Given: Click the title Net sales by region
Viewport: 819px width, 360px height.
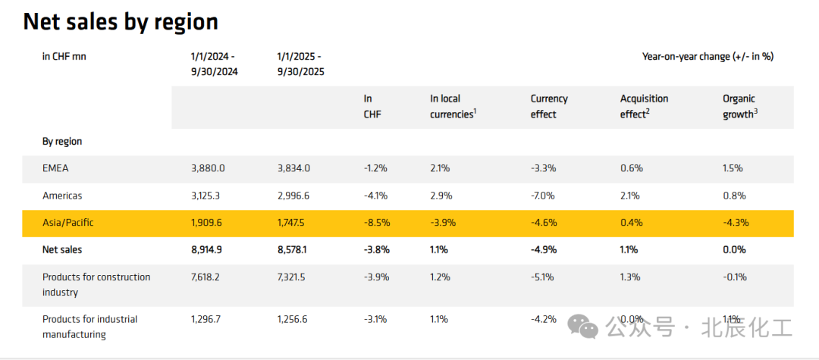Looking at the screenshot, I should pos(121,22).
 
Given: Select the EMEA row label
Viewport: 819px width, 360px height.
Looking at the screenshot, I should pos(55,168).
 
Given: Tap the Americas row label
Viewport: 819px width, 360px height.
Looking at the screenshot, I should pos(62,196).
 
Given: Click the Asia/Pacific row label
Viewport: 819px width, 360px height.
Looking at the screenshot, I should pos(68,223).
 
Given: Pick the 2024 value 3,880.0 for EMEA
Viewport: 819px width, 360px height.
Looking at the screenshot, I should pos(208,168).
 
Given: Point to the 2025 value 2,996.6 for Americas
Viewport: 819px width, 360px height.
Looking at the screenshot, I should pos(293,196).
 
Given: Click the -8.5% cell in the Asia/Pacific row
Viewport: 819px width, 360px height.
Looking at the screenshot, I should pos(376,223).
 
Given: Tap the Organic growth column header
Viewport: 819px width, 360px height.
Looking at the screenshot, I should pos(740,106).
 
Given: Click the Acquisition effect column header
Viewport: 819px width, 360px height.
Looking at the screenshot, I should pos(644,106).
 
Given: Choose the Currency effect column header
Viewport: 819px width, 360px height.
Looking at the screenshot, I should pos(549,106).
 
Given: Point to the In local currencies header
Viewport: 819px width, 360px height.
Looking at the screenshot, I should pos(453,106).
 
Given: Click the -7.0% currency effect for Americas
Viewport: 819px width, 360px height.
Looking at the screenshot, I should pos(543,196).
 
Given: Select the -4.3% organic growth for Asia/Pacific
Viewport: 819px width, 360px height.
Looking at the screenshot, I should pos(735,223).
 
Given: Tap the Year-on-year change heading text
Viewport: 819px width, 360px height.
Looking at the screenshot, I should pos(708,56).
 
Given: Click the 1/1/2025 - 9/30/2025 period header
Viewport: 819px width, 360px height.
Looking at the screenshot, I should pos(301,64).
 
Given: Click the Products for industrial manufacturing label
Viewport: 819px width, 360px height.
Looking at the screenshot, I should pos(89,327).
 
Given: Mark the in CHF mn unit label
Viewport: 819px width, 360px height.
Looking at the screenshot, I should pos(64,56).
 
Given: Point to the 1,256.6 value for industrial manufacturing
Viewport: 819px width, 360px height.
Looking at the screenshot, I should pos(293,319).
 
